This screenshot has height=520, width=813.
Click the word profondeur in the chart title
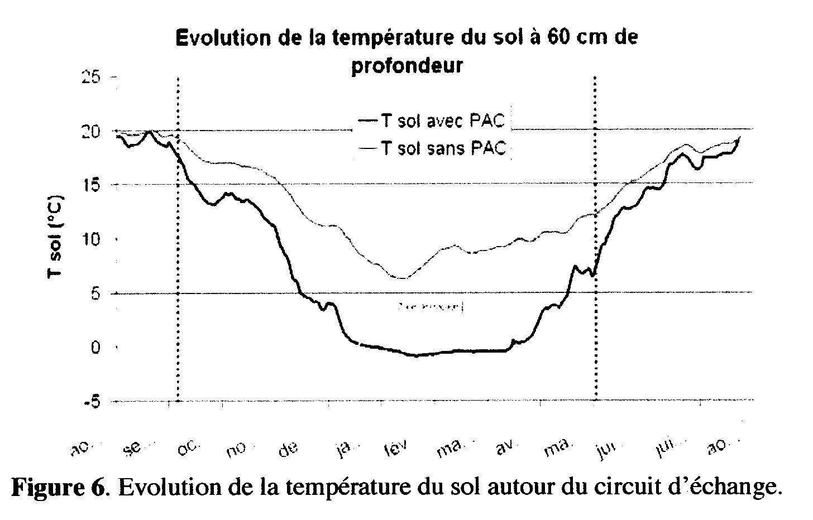click(x=406, y=65)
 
